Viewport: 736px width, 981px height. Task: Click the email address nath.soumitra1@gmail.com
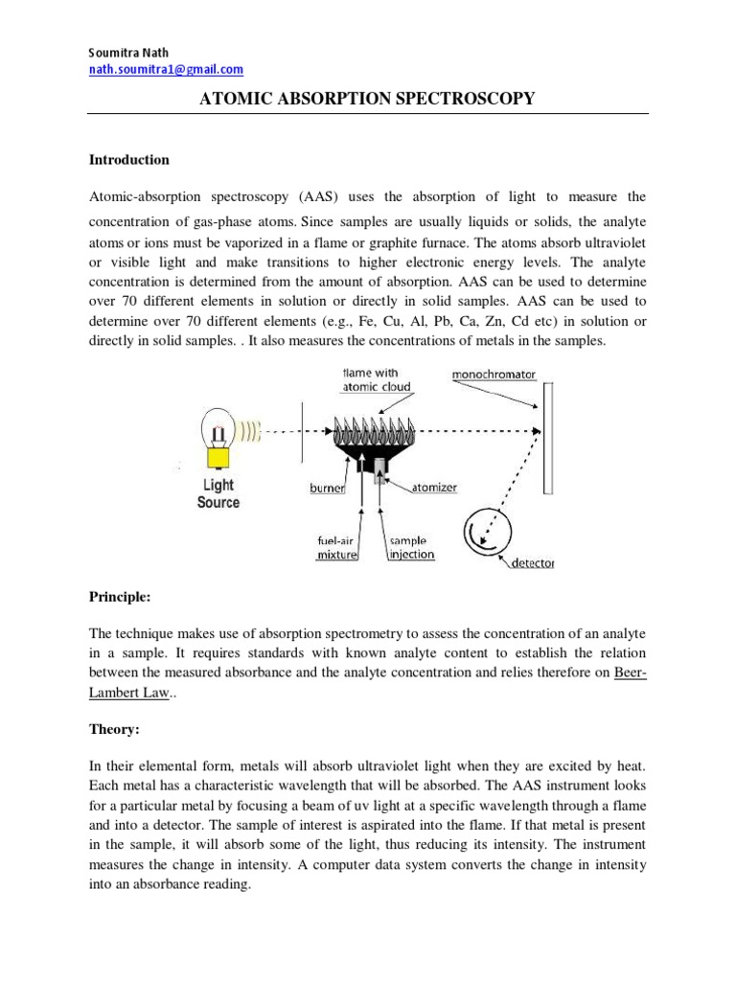166,70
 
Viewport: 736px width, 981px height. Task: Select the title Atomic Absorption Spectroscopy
366,99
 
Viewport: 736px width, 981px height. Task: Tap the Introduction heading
129,160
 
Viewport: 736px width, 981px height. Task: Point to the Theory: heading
114,729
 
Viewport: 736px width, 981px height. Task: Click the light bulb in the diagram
218,431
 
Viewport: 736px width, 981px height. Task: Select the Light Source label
218,494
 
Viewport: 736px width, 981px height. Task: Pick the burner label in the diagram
327,488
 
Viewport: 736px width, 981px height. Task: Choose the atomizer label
434,488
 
